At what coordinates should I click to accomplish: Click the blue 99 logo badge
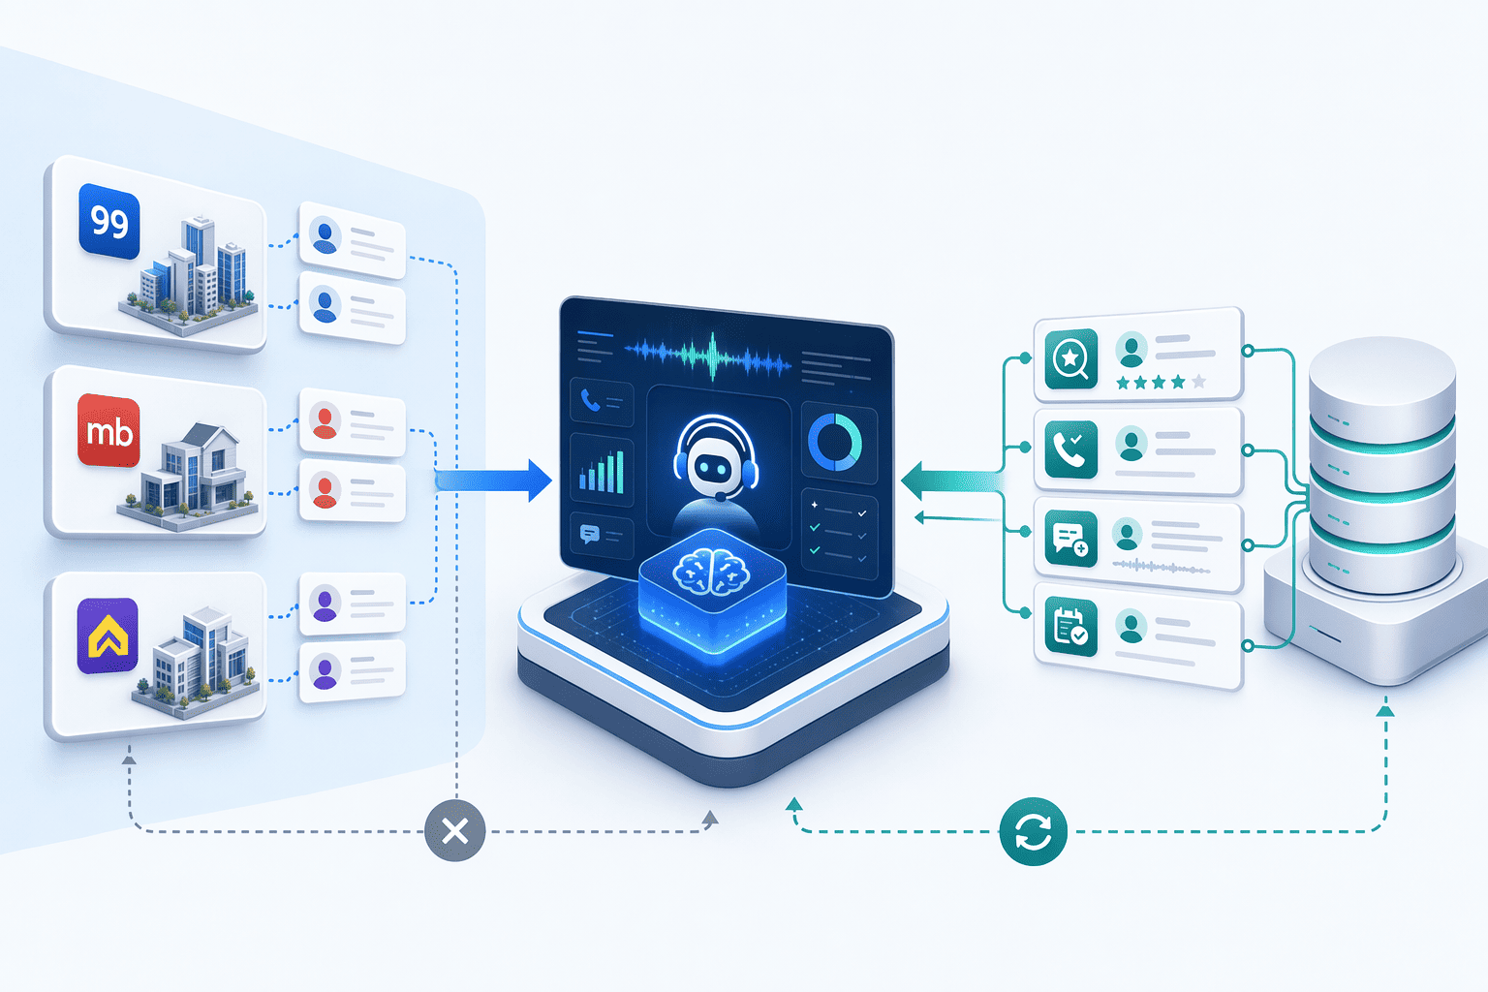(108, 221)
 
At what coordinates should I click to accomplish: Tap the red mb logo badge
(108, 430)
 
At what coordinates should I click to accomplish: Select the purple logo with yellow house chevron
(108, 635)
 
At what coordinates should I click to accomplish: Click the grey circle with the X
(455, 830)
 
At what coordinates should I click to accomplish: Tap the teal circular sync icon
(1033, 831)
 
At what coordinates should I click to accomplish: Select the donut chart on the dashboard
(835, 442)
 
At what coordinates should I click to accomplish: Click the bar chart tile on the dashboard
(602, 470)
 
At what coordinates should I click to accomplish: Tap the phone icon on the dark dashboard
(591, 400)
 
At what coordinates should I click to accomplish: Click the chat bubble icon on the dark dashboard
(589, 534)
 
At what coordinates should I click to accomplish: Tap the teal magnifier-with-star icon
(1070, 358)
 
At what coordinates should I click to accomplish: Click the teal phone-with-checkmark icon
(1070, 449)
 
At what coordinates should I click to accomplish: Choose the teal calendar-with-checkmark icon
(1070, 627)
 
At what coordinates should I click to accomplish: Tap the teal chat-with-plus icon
(1070, 538)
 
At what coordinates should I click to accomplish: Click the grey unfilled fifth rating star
(1199, 382)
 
